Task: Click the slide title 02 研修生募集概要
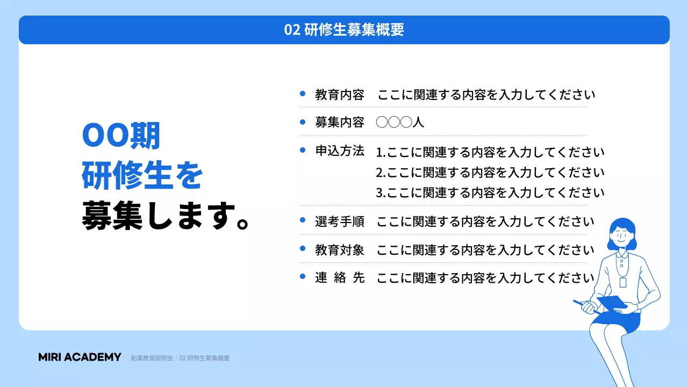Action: click(x=344, y=30)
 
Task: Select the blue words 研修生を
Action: click(x=142, y=177)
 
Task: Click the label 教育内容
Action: click(x=339, y=95)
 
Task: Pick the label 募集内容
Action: click(x=339, y=122)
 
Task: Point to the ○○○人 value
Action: click(x=400, y=122)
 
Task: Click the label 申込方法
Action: click(x=339, y=151)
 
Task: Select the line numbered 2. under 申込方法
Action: click(x=490, y=173)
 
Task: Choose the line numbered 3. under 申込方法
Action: click(x=490, y=192)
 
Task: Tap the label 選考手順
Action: click(x=339, y=221)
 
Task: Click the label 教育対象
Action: click(x=339, y=250)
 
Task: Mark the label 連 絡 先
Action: click(x=339, y=278)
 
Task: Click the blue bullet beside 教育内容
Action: click(x=303, y=94)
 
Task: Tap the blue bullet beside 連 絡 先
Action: click(x=303, y=277)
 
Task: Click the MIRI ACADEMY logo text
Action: click(x=80, y=357)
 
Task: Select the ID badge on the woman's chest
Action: click(x=623, y=282)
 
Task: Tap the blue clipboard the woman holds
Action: click(x=612, y=303)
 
